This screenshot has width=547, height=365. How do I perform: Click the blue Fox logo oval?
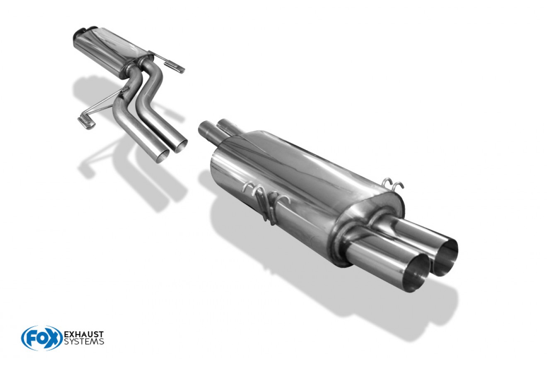[41, 338]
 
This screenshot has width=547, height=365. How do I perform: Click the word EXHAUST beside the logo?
[83, 334]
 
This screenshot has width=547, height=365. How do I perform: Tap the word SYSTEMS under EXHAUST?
[83, 341]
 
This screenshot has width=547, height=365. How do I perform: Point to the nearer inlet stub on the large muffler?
[206, 129]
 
